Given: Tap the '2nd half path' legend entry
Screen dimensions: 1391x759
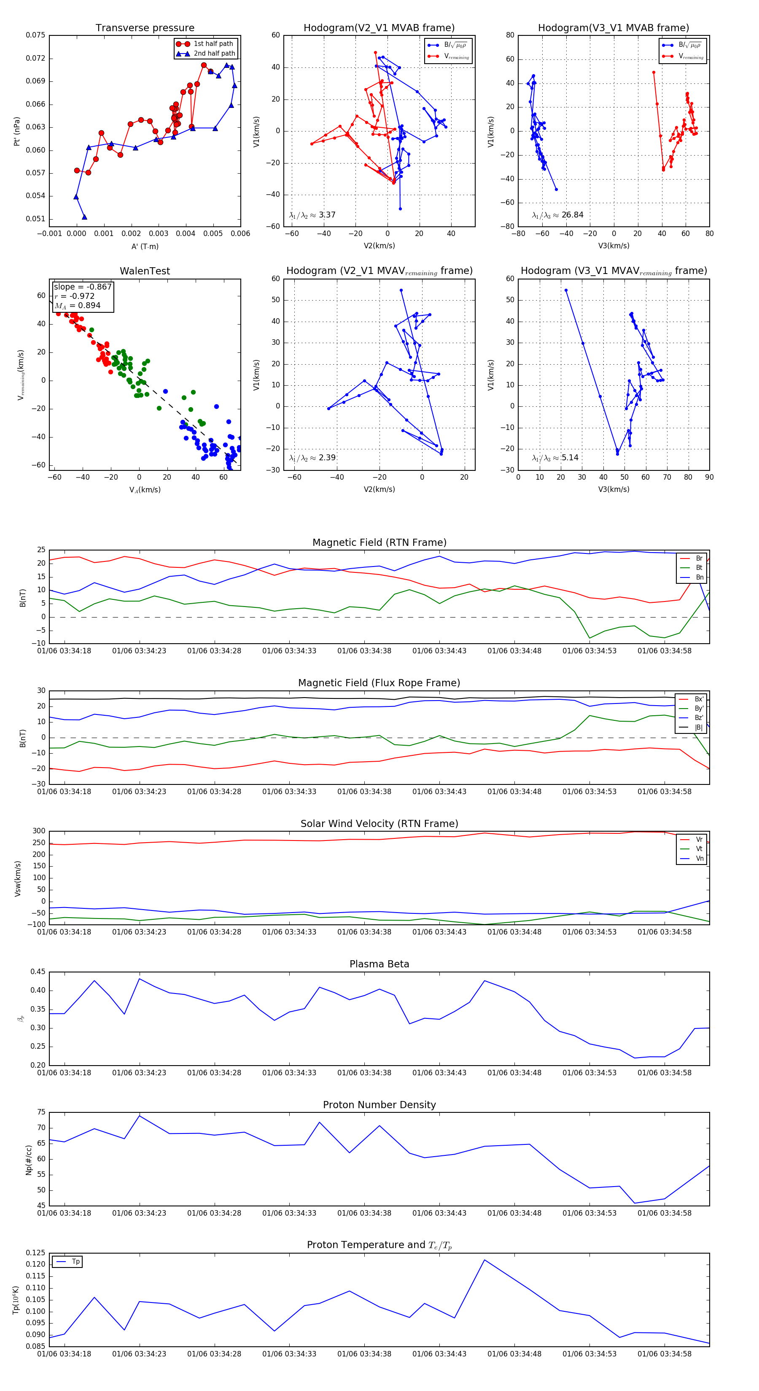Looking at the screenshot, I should [x=214, y=54].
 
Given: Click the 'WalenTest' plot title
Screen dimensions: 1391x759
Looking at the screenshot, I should [x=145, y=271].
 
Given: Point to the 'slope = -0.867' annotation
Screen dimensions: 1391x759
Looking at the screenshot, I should [x=83, y=287].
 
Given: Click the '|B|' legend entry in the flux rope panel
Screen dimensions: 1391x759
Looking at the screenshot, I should [x=699, y=728].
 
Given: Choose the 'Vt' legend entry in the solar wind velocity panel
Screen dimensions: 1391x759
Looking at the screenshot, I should [x=699, y=849].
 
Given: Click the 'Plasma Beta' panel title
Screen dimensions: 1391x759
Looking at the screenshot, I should [x=379, y=964].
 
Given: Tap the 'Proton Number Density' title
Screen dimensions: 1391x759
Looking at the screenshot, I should [x=379, y=1105].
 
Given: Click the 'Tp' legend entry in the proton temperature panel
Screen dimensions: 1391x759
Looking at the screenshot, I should [x=75, y=1262].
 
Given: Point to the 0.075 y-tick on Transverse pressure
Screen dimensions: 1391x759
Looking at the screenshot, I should [x=36, y=35].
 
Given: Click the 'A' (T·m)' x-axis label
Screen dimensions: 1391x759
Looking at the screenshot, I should [x=145, y=247].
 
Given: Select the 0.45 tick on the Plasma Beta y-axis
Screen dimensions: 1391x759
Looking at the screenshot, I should [x=38, y=972].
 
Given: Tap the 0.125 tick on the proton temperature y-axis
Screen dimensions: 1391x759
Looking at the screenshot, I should [x=36, y=1253].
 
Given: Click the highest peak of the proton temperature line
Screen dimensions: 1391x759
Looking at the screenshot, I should [x=484, y=1260].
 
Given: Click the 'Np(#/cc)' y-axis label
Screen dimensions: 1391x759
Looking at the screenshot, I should [x=29, y=1160].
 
